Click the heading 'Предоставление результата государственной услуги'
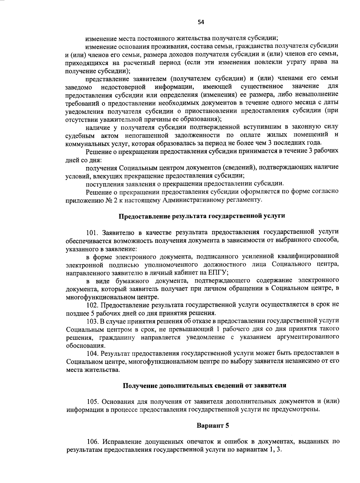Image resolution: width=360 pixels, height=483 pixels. point(202,216)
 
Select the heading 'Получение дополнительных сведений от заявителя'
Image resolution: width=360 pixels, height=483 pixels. point(205,385)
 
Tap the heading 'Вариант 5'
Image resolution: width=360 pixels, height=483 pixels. point(213,425)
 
